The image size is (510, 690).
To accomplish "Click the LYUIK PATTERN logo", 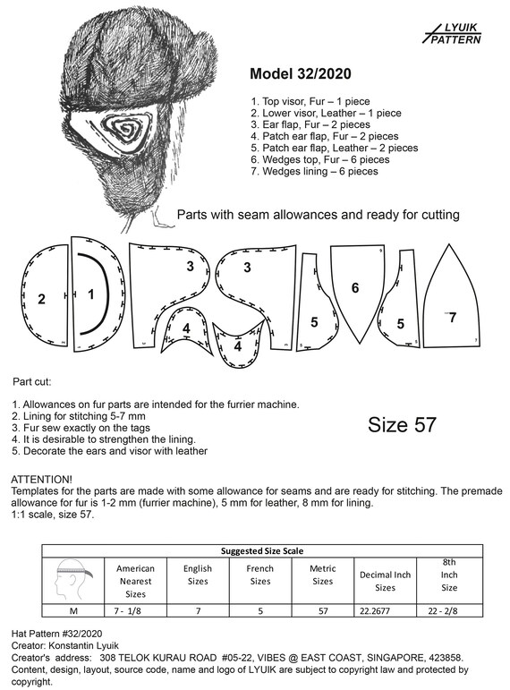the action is [452, 34].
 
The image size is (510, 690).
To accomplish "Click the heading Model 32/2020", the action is [301, 73].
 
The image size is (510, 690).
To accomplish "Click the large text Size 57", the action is [402, 424].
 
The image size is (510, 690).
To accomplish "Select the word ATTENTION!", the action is [41, 479].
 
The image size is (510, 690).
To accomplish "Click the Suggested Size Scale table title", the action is [262, 551].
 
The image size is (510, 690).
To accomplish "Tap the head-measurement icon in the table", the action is [73, 581].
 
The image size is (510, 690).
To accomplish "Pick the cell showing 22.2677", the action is [375, 610].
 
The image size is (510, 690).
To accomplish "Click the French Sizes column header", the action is [260, 575].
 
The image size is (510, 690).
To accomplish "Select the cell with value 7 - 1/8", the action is [128, 610].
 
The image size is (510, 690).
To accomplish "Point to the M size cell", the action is [73, 610].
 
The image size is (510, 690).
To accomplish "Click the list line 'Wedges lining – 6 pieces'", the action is [314, 171].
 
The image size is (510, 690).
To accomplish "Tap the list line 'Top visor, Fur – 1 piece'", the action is [310, 102].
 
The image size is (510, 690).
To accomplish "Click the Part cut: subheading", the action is [31, 381].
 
